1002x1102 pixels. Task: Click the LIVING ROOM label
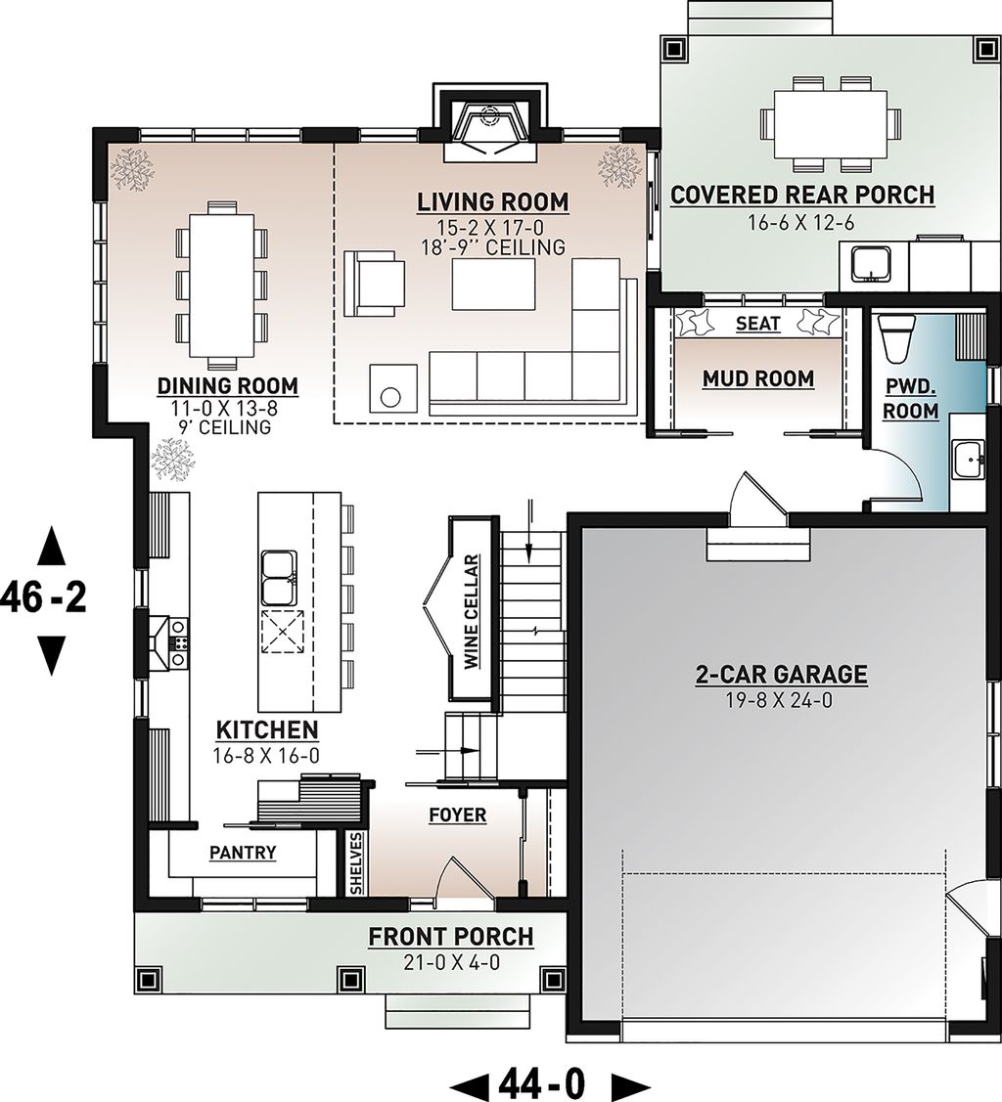coord(492,202)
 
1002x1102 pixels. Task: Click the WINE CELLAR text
coord(471,612)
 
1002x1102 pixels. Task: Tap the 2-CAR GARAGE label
coord(781,674)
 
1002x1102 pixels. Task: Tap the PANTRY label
coord(243,853)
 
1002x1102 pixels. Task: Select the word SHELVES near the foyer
coord(356,862)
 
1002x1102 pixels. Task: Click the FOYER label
coord(457,815)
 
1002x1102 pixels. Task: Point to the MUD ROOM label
coord(757,378)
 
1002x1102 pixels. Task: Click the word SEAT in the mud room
coord(757,324)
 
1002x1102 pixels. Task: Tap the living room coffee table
coord(493,284)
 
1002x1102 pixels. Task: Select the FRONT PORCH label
coord(450,937)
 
